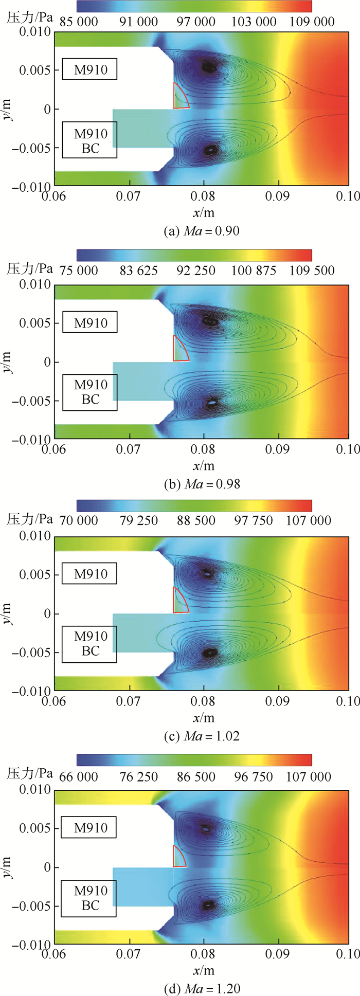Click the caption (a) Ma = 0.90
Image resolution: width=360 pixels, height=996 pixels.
(202, 231)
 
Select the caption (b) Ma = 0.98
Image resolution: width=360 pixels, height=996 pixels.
(202, 484)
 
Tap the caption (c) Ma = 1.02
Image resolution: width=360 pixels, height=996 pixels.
(202, 736)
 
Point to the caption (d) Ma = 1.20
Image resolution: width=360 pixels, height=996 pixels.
(202, 988)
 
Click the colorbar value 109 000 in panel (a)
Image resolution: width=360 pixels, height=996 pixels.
(312, 22)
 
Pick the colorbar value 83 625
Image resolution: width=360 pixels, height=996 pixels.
(139, 270)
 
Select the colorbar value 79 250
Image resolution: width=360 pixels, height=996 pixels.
(139, 520)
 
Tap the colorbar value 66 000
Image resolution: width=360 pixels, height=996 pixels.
(79, 776)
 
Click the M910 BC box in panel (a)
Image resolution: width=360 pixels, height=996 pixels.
(90, 140)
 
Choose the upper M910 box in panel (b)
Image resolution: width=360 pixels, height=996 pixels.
(90, 323)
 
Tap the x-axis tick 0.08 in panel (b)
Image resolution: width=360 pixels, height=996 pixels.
(203, 450)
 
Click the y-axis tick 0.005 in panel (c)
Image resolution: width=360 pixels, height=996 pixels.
(35, 574)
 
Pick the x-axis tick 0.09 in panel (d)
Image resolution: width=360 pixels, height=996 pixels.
(278, 954)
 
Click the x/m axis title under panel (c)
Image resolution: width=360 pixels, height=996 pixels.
(203, 718)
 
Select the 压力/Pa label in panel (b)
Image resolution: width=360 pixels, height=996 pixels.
(30, 269)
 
